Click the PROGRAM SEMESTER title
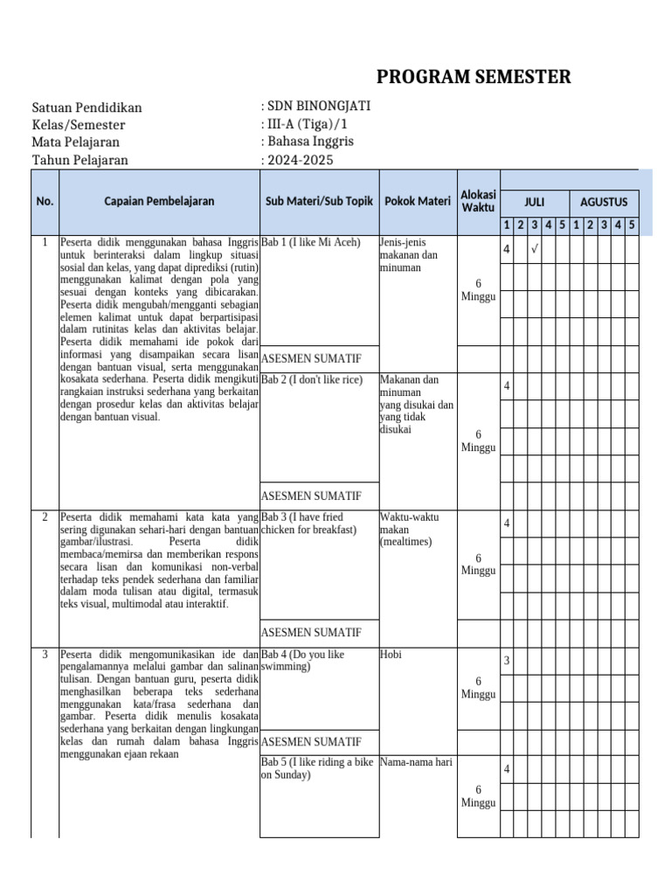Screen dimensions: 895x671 474,77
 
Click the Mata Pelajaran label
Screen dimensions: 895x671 76,142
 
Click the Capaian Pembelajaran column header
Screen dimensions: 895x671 158,201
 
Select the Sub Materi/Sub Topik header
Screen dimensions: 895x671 319,201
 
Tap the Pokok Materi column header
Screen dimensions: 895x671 417,201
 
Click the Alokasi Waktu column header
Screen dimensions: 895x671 478,201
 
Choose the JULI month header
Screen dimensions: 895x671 534,202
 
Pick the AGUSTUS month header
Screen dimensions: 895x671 604,202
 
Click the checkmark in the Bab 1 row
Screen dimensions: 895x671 534,250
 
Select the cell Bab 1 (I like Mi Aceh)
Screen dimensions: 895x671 311,242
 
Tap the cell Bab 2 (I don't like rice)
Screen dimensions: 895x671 313,379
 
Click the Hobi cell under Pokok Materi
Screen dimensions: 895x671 391,654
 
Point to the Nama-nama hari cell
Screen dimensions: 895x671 416,762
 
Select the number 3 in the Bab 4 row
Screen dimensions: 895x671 507,660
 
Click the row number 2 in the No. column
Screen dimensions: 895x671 45,517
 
